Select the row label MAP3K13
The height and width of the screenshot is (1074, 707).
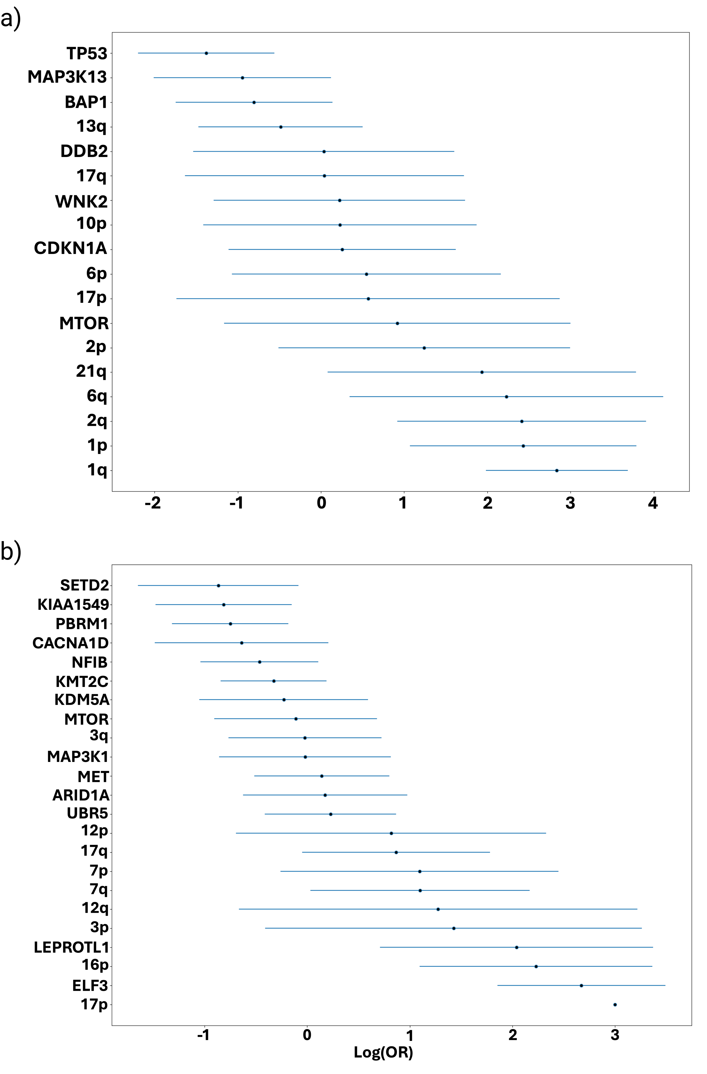tap(67, 77)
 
